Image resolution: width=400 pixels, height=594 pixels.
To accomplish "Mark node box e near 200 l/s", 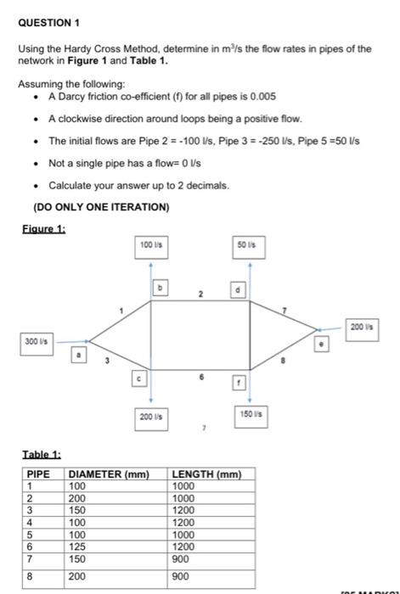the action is point(321,345).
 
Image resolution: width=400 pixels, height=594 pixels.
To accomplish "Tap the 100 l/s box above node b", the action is point(150,244).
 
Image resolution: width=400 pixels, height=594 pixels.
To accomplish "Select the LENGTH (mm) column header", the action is point(207,474).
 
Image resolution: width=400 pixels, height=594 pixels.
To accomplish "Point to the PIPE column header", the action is point(39,474).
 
